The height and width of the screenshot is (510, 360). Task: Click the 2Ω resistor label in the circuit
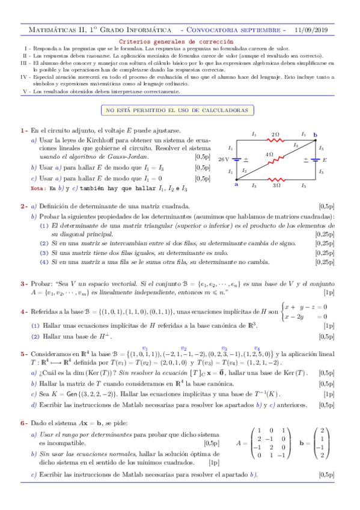275,134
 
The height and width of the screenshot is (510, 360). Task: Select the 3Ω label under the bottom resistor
276,186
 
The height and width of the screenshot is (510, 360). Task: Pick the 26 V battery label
224,159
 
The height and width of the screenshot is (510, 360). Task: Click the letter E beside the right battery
325,160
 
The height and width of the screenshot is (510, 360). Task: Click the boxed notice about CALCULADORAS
180,110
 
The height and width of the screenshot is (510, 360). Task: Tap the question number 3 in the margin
23,283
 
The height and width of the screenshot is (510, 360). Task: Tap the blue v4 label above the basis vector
257,348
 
